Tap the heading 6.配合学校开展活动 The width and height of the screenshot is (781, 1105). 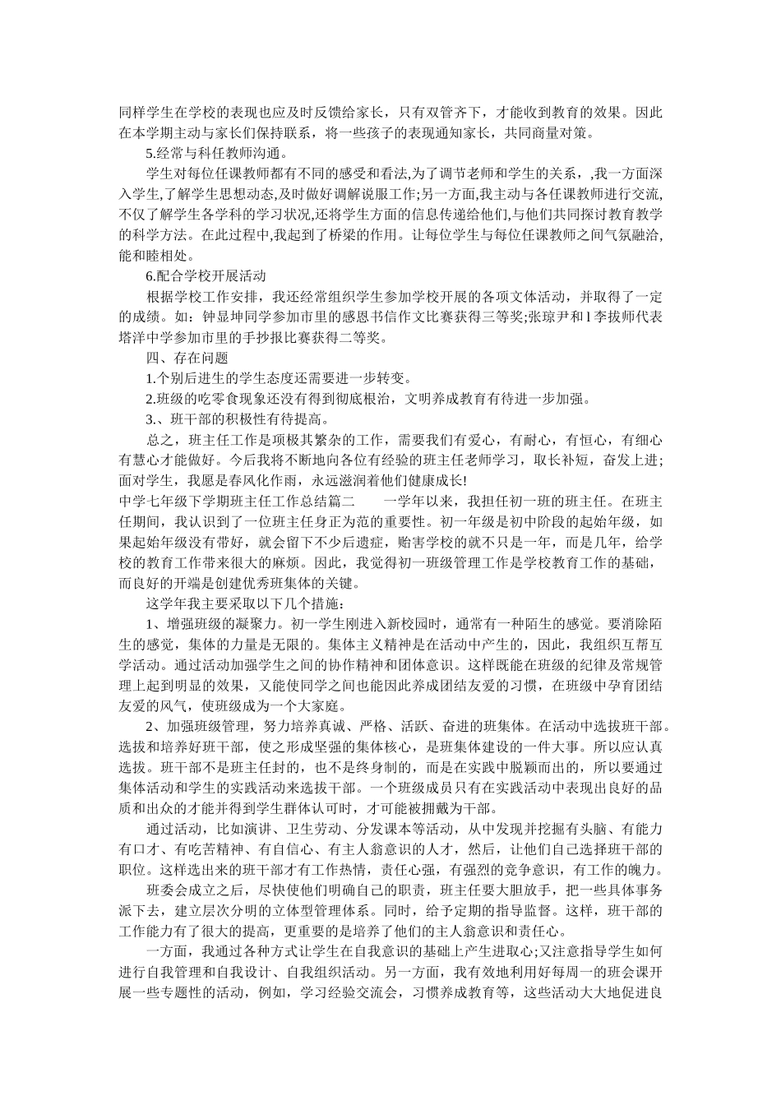[206, 276]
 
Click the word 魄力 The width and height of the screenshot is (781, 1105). [652, 869]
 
